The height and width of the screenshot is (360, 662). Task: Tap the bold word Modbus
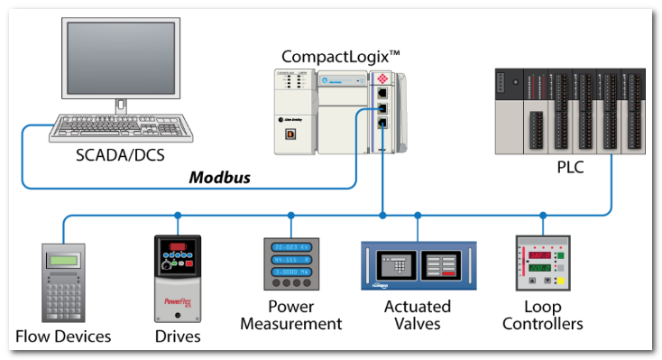(219, 178)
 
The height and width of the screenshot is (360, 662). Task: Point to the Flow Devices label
(63, 337)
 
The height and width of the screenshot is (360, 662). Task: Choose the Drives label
(177, 337)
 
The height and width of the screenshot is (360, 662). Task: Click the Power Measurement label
(291, 315)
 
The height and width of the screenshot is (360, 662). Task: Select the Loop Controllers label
(542, 315)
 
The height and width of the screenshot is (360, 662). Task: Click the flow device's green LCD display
(62, 262)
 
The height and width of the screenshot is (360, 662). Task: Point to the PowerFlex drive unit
(177, 279)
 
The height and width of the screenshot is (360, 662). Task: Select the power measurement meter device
(291, 263)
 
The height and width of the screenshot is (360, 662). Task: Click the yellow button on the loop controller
(559, 282)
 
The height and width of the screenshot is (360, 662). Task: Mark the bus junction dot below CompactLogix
(383, 216)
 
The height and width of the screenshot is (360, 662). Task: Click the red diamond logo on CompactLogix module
(383, 78)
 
